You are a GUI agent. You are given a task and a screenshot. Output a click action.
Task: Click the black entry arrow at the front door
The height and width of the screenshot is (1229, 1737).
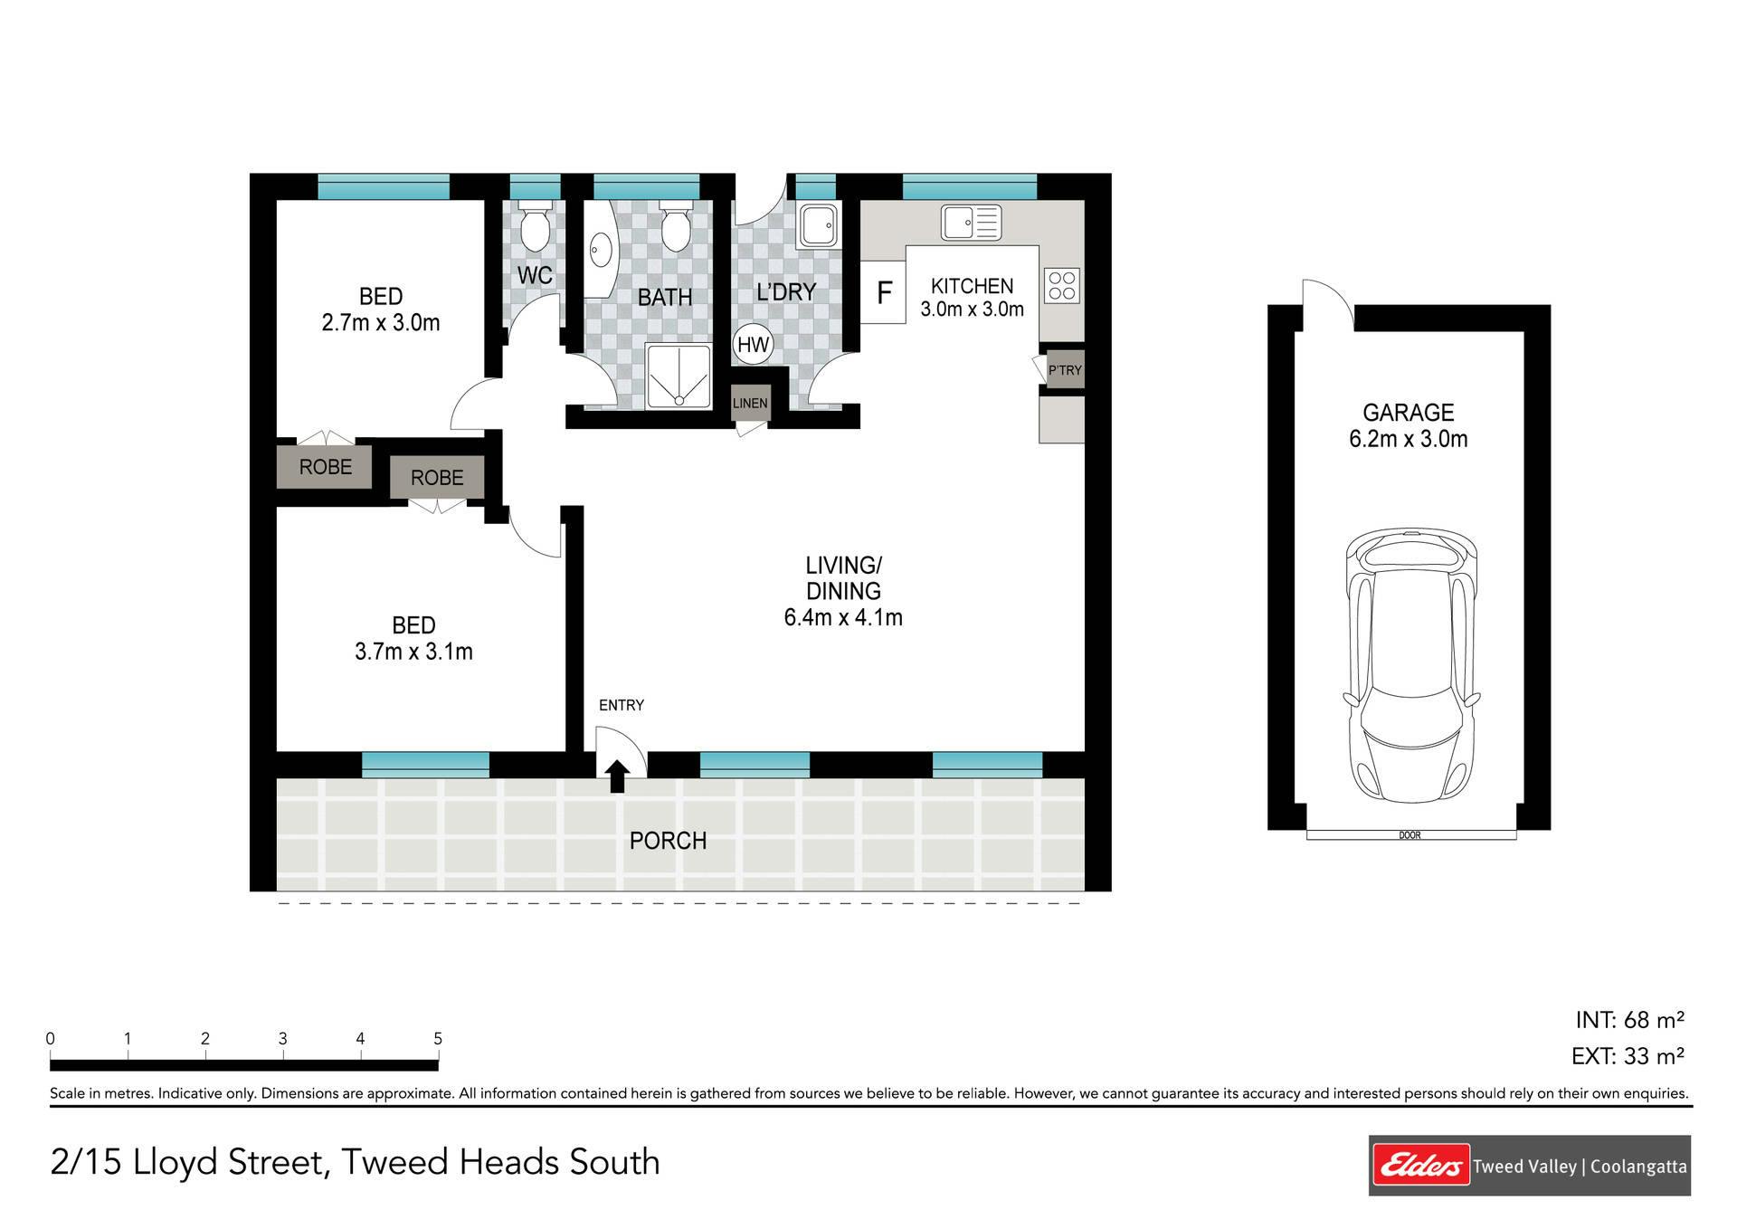[x=617, y=776]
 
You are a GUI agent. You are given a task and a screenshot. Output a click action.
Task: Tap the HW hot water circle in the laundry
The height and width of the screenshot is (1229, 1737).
[x=753, y=344]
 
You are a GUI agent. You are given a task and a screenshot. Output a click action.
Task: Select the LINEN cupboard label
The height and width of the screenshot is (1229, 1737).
[x=750, y=404]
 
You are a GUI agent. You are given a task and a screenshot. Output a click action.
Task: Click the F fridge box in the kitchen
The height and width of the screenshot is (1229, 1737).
[x=883, y=291]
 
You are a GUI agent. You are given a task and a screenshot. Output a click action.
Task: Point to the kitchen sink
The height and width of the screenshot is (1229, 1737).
[x=972, y=223]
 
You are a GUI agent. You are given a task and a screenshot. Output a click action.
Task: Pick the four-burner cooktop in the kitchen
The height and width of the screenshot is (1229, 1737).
[x=1062, y=286]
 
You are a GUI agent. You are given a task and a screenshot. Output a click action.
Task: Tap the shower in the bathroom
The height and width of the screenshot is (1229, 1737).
[x=679, y=376]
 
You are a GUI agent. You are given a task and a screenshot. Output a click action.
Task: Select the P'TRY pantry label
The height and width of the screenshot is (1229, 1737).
[x=1065, y=370]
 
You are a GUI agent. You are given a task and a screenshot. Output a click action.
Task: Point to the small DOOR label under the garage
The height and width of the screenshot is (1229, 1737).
[x=1410, y=835]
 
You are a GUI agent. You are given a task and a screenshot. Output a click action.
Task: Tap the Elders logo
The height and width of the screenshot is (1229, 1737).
[x=1420, y=1166]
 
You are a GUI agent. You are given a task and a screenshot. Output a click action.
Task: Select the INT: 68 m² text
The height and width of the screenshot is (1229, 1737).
[x=1629, y=1020]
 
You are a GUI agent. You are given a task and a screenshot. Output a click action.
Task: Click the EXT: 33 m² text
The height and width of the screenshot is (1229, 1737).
[x=1628, y=1055]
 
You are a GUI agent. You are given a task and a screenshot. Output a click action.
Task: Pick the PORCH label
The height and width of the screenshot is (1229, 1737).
[x=668, y=841]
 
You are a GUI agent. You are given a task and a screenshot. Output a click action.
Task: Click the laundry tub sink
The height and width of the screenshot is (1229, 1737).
[x=818, y=226]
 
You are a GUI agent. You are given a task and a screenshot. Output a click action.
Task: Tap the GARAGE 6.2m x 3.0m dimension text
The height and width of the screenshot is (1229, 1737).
[x=1408, y=425]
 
